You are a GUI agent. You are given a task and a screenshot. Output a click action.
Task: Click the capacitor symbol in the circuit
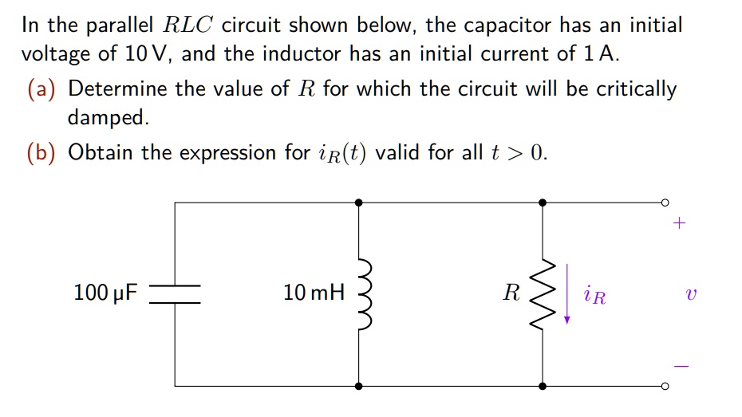click(x=175, y=294)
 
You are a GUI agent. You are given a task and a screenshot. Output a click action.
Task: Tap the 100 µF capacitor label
click(x=105, y=293)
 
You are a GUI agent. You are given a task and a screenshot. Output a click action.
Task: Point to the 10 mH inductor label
click(x=314, y=293)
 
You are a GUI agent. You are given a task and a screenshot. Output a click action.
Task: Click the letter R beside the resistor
click(x=511, y=293)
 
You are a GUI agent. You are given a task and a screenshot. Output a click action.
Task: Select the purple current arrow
click(x=567, y=294)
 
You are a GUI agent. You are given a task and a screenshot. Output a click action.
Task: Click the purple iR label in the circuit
click(x=594, y=297)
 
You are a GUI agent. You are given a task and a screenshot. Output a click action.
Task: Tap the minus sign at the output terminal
click(x=677, y=366)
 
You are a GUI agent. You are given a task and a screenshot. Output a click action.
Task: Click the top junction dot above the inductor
click(x=359, y=203)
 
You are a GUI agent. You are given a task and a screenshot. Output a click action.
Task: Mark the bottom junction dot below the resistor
click(x=543, y=386)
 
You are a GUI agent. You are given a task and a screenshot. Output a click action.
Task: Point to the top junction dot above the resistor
click(x=543, y=203)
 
